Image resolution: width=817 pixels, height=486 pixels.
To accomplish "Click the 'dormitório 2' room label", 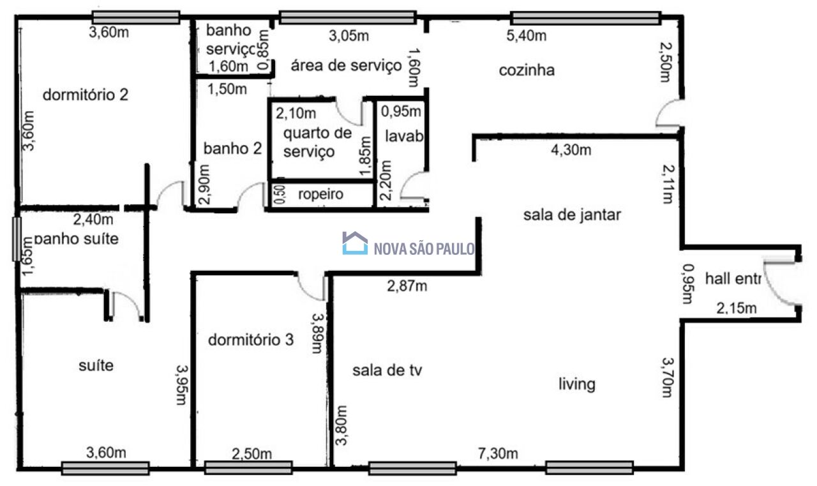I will (86, 95).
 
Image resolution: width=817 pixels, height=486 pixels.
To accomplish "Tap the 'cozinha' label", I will (526, 70).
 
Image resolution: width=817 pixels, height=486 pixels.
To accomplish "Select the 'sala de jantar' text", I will (572, 215).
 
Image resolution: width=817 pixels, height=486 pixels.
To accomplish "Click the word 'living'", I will (577, 384).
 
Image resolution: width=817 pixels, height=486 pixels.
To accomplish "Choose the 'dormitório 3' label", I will (251, 340).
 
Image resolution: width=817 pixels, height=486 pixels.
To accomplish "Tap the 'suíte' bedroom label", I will (96, 366).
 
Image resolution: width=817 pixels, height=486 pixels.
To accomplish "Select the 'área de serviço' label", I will (346, 65).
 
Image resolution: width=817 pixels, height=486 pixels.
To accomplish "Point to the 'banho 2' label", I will (232, 149).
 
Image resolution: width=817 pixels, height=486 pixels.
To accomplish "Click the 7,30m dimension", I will (498, 454).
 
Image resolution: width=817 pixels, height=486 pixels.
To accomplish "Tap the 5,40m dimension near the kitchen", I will (526, 36).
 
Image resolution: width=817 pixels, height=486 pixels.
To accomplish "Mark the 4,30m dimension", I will (571, 151).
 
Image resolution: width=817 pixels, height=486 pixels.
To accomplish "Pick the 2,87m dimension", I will (407, 285).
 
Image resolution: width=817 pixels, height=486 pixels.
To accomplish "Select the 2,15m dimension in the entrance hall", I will (736, 309).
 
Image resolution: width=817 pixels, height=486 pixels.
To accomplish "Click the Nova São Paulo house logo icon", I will (355, 243).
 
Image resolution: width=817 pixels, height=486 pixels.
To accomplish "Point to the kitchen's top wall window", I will (585, 18).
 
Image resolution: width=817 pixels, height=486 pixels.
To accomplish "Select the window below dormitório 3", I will (248, 468).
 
